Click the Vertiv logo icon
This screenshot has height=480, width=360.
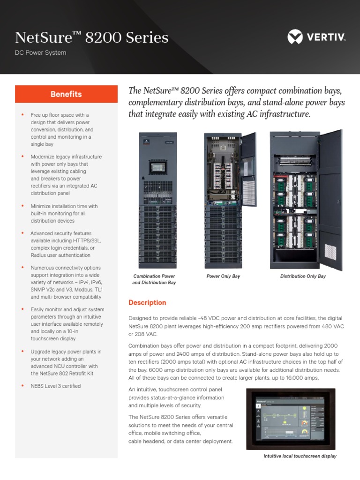[x=295, y=37]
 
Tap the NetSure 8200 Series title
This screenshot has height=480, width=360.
[x=92, y=37]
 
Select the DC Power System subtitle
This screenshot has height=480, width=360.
[x=41, y=52]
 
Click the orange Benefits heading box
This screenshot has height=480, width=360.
[x=66, y=94]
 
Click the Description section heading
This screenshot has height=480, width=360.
[x=147, y=303]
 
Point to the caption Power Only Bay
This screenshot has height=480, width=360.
[x=223, y=277]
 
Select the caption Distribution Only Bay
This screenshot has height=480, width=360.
[x=303, y=277]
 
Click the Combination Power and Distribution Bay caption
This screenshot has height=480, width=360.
[x=154, y=279]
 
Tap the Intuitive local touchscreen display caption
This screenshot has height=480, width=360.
[x=300, y=456]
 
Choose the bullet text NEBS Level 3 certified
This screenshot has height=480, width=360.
[x=56, y=386]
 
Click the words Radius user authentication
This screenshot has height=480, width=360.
[x=61, y=255]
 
